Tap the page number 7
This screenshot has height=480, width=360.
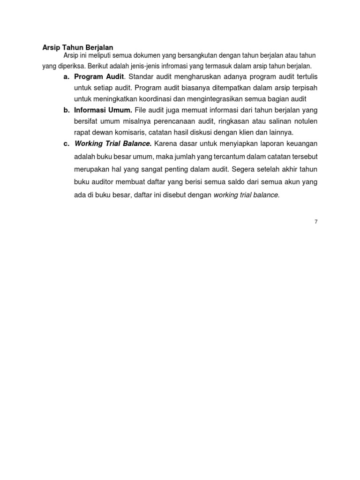click(316, 222)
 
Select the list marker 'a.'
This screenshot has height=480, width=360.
click(67, 76)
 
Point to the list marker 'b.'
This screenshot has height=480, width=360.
click(67, 110)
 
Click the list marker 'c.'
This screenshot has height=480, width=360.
click(67, 143)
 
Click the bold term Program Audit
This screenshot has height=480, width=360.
click(99, 76)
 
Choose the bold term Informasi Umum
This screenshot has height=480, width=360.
click(103, 110)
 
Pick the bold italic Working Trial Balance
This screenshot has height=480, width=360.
click(112, 143)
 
